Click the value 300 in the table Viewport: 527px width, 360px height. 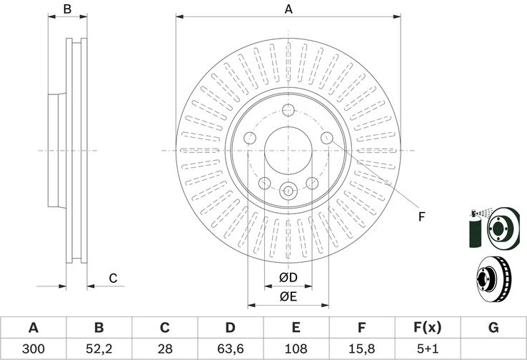[34, 349]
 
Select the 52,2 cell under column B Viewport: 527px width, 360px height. [99, 349]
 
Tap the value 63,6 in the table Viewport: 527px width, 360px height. [230, 349]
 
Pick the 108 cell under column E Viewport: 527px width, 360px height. [296, 349]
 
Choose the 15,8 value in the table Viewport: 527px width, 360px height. [361, 349]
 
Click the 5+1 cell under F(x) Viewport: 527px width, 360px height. [428, 349]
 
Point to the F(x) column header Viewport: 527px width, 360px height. [428, 327]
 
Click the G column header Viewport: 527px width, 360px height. [493, 327]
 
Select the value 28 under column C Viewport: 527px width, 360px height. [165, 349]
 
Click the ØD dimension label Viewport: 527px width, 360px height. [288, 278]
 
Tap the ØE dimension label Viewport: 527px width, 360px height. [288, 296]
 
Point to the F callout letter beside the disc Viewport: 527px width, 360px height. [421, 217]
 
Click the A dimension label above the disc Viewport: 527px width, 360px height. [288, 9]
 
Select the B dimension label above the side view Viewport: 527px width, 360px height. [67, 9]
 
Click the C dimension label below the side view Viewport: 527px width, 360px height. [113, 279]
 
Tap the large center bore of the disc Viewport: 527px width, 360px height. [288, 151]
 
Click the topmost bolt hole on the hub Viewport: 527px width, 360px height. [288, 110]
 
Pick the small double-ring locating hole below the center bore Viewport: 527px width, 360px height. [288, 191]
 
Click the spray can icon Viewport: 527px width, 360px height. [475, 229]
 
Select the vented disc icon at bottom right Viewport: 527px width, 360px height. [493, 279]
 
